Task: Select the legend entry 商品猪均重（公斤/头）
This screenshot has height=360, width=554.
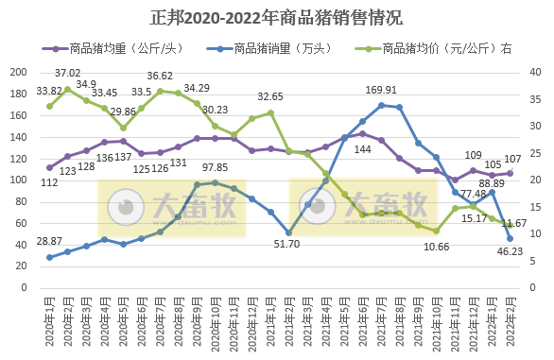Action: (119, 48)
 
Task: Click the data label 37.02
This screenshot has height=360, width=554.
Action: (67, 73)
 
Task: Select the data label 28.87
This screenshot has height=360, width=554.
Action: (49, 243)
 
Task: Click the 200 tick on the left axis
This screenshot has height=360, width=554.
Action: (18, 72)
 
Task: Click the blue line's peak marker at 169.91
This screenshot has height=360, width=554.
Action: (381, 105)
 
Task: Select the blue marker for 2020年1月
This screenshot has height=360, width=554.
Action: (49, 257)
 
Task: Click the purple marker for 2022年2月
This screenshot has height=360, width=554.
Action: (511, 173)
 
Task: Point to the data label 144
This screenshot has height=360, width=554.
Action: (362, 149)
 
